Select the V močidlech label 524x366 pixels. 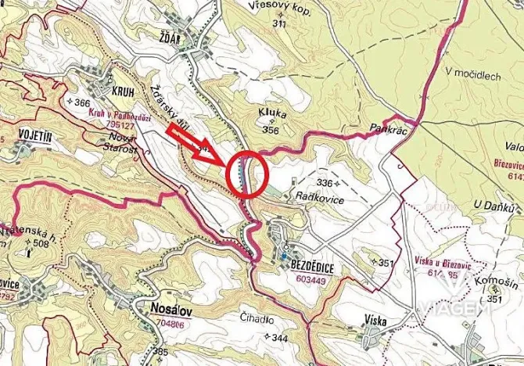tap(472, 74)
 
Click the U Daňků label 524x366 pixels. tap(496, 207)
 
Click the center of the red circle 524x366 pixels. tap(247, 174)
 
